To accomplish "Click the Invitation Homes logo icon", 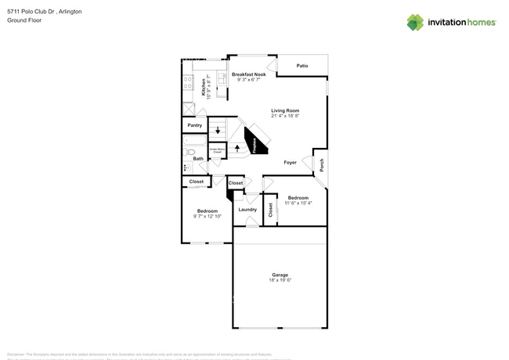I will pos(414,22).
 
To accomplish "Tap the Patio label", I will pos(301,66).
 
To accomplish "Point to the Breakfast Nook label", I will pos(248,74).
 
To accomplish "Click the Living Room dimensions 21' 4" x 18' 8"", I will pos(285,115).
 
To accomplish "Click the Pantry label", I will pos(194,125).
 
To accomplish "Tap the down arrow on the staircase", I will pos(218,131).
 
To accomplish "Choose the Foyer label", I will pos(290,162).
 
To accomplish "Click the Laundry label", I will pos(247,209).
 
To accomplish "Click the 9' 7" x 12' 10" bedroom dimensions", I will pos(208,215).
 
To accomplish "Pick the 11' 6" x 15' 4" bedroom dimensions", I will pos(298,203).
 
